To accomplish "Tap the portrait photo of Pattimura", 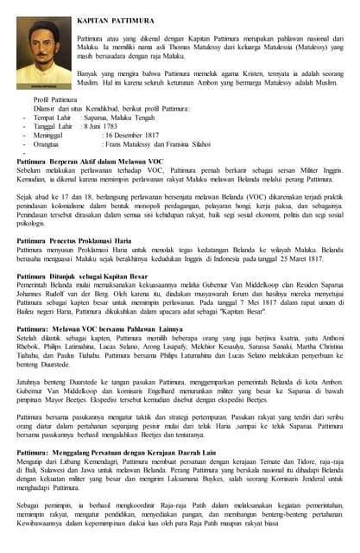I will [x=43, y=48].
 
